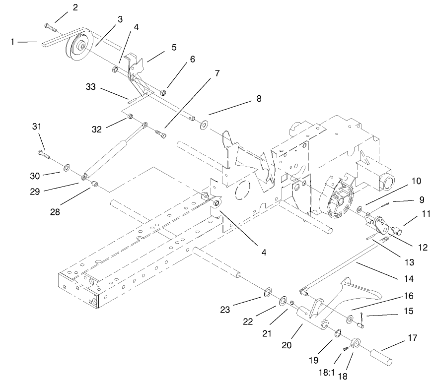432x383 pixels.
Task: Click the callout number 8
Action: point(258,98)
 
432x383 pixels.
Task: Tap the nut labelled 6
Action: point(163,92)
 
